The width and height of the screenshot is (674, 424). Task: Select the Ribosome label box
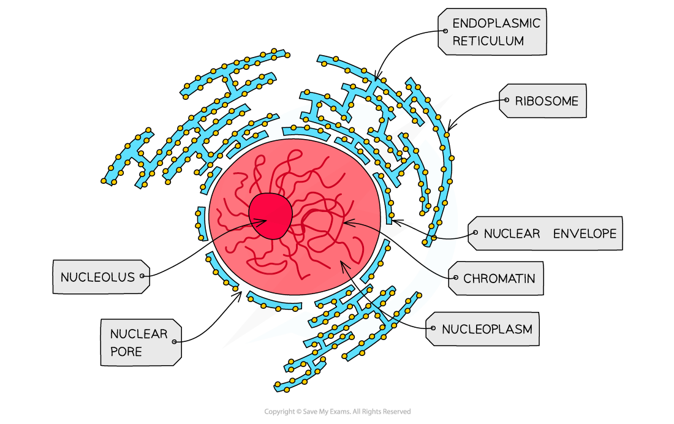[x=543, y=101]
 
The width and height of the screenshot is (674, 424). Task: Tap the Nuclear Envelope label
[x=546, y=233]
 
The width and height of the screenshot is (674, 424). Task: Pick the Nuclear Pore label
[x=140, y=343]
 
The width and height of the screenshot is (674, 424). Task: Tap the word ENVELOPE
[x=585, y=233]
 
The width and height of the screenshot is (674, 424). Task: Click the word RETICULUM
[x=488, y=41]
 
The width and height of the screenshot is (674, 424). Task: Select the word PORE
[x=126, y=352]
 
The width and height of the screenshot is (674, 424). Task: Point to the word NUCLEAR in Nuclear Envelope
[x=512, y=233]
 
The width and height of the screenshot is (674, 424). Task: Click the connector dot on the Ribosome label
[x=507, y=100]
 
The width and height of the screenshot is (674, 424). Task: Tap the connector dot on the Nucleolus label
[x=142, y=276]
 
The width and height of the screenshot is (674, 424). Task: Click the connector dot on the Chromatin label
[x=455, y=277]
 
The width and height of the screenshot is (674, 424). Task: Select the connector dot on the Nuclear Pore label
[x=175, y=341]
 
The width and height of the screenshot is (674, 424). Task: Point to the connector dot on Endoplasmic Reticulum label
[x=445, y=30]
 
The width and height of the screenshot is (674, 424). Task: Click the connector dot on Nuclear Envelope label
[x=475, y=232]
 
